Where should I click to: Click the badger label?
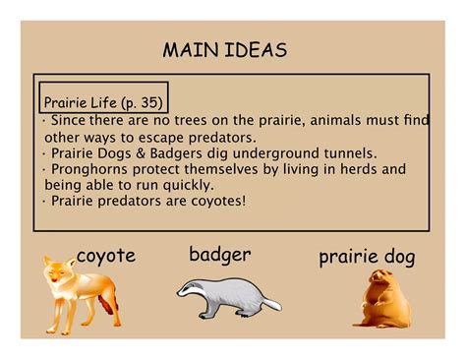coord(219,256)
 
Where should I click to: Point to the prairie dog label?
coord(367,258)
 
